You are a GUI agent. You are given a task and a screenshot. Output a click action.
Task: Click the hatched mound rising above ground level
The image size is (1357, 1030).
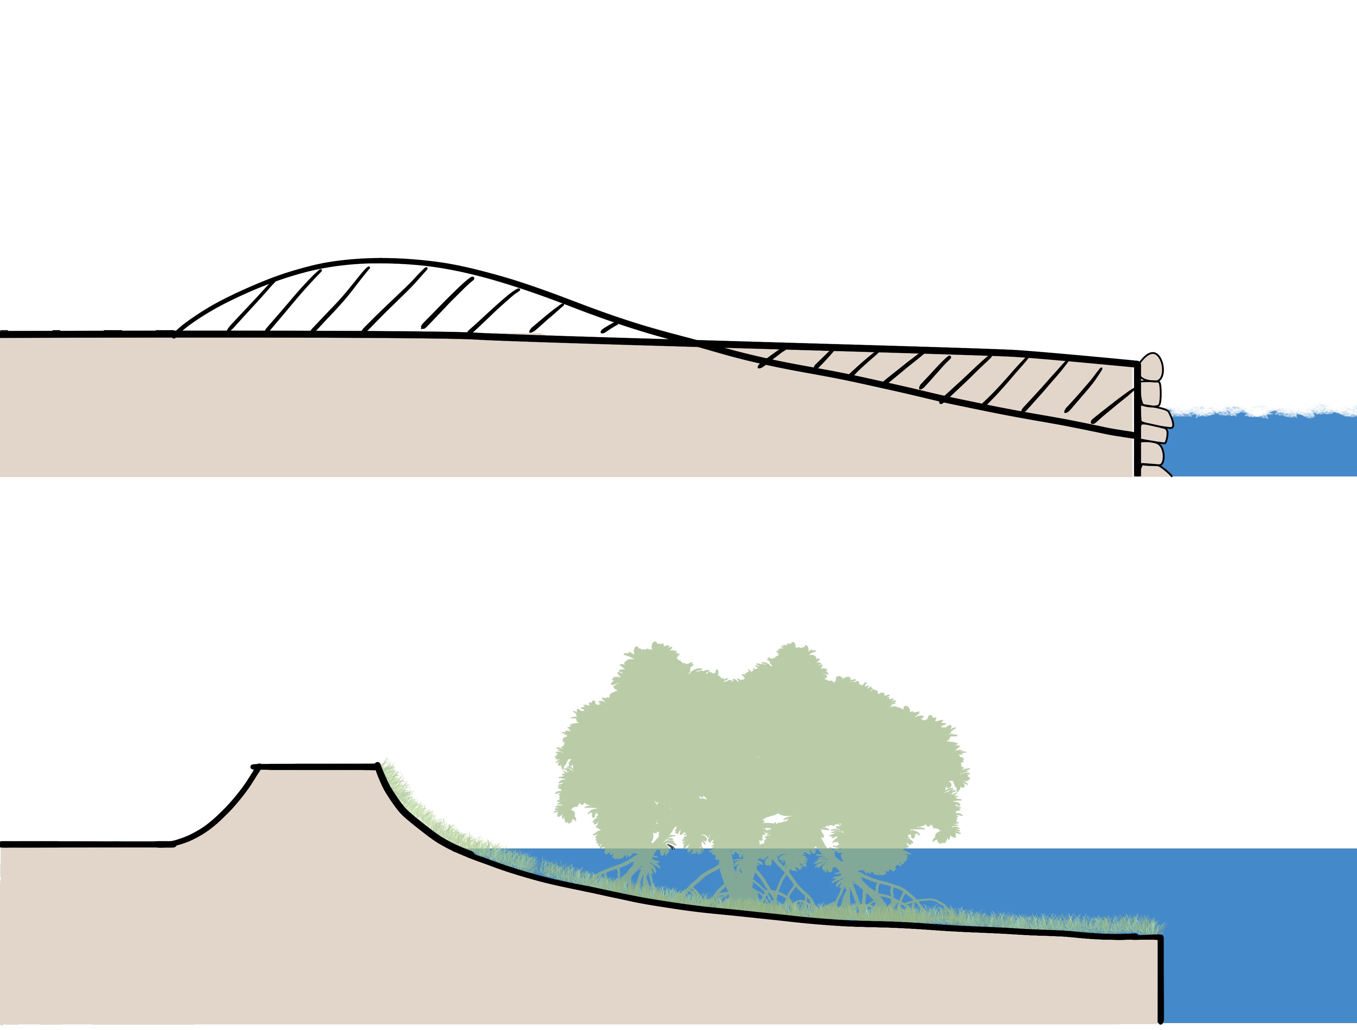point(380,298)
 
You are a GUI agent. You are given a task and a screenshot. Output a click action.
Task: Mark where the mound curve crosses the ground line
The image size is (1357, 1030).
point(696,341)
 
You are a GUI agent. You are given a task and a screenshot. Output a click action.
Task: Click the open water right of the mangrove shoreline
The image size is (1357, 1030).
point(1257,920)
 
